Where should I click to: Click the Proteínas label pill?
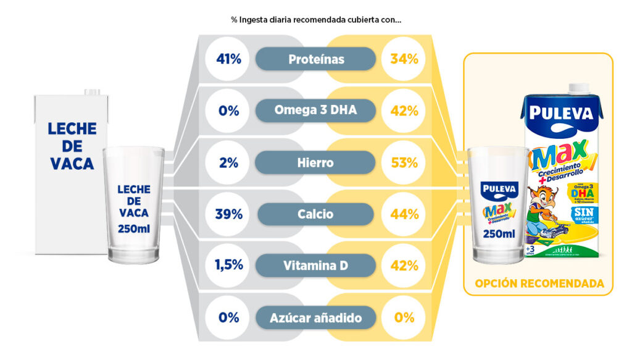point(315,59)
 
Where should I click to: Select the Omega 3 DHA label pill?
point(315,111)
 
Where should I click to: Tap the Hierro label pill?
point(315,162)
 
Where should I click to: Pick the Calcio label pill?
point(315,214)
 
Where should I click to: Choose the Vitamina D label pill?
point(315,266)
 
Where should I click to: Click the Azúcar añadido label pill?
point(315,318)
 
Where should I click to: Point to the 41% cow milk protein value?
point(228,59)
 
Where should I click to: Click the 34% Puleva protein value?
point(404,59)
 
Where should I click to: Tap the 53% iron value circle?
point(404,162)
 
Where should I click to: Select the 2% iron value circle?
point(228,162)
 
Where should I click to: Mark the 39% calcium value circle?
point(228,214)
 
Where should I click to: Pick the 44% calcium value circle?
point(404,214)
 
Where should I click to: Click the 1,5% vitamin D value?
point(228,266)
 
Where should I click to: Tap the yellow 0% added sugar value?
point(404,318)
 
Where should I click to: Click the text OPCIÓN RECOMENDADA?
point(538,284)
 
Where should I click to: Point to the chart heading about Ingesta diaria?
point(316,20)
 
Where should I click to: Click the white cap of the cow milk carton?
point(92,92)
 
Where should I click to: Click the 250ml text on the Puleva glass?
point(499,234)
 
